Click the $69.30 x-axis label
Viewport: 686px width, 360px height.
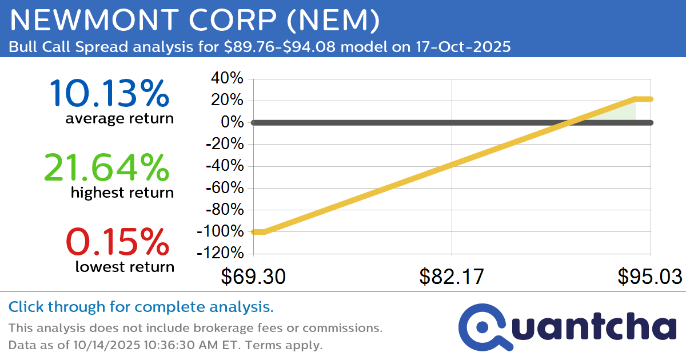click(x=253, y=277)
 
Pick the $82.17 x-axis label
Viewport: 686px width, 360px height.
click(x=452, y=277)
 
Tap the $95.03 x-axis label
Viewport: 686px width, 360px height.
click(x=649, y=277)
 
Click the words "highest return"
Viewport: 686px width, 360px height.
click(x=122, y=193)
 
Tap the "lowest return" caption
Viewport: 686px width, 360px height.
click(x=125, y=267)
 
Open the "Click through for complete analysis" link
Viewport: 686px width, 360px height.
click(x=141, y=307)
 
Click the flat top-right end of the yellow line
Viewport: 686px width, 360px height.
click(x=644, y=99)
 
